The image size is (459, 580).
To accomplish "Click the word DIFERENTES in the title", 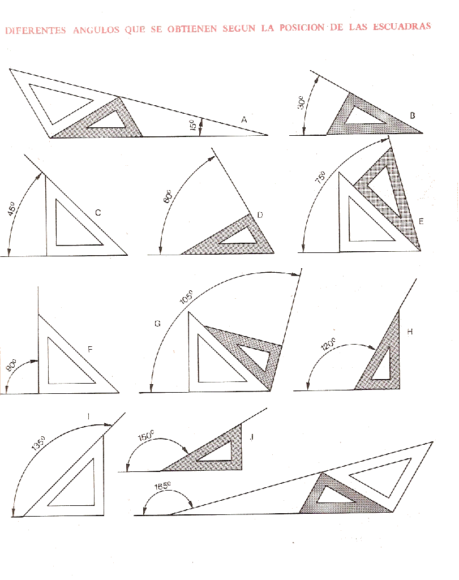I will coord(35,31).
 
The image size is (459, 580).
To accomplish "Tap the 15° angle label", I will coord(193,126).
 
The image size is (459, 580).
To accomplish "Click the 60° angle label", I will coord(168,198).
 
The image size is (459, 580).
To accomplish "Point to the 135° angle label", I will coord(38,443).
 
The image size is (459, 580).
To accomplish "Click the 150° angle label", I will coord(146,437).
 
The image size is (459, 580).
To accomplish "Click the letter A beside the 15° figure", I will coord(244,119).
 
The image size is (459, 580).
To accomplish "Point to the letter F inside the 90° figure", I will coord(89,350).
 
